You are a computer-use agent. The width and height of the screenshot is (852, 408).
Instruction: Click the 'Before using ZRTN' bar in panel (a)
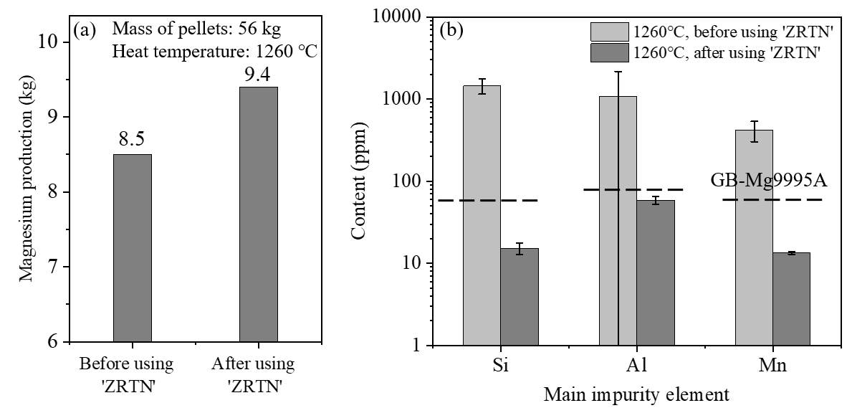click(132, 247)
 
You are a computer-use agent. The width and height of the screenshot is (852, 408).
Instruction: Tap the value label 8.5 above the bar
click(132, 138)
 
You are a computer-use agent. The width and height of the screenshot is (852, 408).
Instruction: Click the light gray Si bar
click(482, 215)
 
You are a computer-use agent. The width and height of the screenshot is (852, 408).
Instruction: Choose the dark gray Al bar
click(656, 272)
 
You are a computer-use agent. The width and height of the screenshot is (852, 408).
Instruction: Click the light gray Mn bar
click(754, 237)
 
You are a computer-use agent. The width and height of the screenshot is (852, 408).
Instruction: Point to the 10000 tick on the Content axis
click(401, 17)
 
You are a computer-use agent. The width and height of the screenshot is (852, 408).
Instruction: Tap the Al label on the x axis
click(636, 366)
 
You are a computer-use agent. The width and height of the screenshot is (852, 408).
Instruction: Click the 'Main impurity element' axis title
click(636, 394)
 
